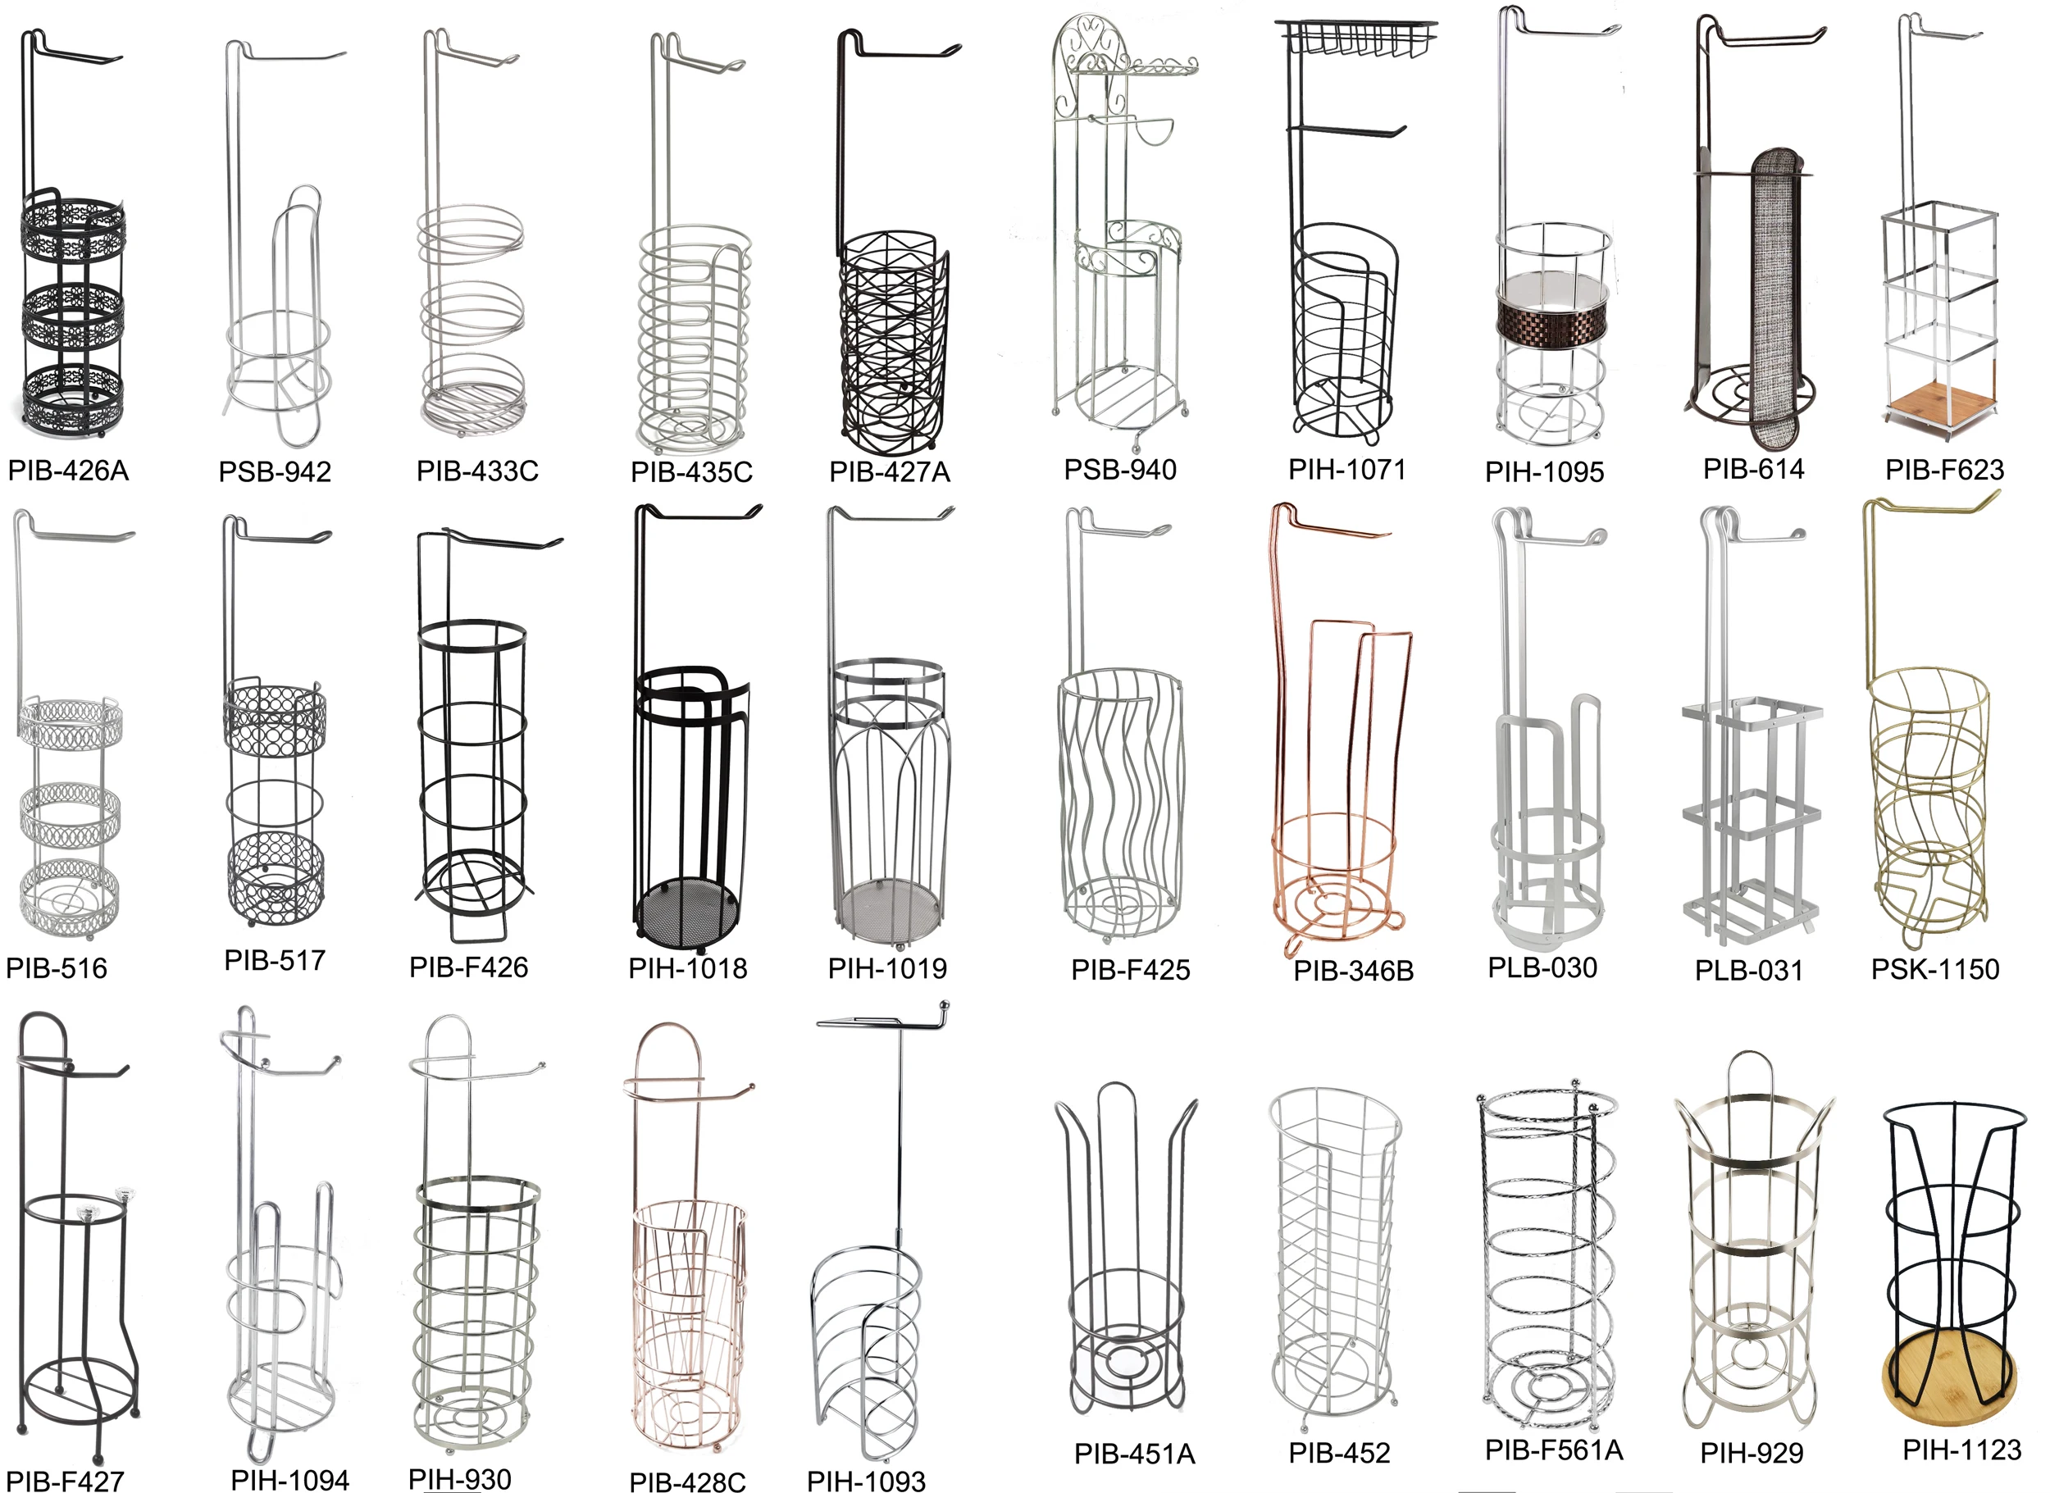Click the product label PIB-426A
coord(68,471)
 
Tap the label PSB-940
coord(1120,470)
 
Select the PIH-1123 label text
coord(1961,1450)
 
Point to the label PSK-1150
coord(1935,970)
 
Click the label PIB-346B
coord(1353,972)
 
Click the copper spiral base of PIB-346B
coord(1335,908)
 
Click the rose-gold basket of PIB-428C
coord(689,1310)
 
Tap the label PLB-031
coord(1748,971)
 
